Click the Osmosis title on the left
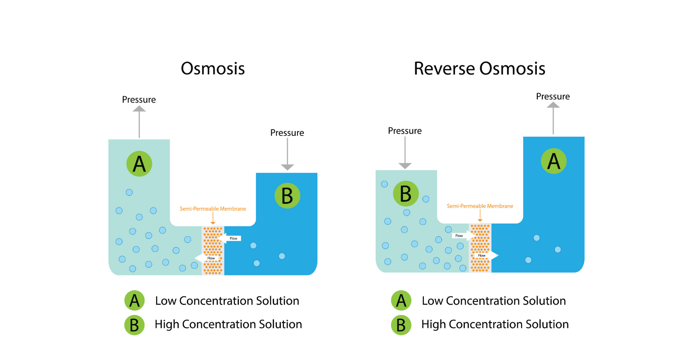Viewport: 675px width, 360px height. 212,69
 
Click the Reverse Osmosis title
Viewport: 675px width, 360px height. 479,69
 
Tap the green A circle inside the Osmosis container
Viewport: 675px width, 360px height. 139,164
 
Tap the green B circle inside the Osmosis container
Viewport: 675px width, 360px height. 287,196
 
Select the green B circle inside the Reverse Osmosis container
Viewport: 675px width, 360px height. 405,194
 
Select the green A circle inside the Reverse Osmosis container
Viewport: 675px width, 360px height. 553,161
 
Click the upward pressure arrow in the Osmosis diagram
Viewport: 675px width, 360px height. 139,121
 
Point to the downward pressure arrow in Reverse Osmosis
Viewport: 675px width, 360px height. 405,153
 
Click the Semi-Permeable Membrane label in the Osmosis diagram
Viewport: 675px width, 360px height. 213,209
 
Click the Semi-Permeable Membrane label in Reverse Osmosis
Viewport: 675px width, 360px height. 480,206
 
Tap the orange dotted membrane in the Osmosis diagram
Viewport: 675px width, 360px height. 213,250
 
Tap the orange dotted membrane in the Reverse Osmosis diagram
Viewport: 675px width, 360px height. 480,247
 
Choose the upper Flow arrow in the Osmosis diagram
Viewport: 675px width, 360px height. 231,238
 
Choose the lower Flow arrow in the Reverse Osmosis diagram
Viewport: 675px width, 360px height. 485,255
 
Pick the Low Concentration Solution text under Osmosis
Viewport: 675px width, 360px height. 227,301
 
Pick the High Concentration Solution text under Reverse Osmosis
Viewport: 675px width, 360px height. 495,324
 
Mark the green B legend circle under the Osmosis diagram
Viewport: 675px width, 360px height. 134,324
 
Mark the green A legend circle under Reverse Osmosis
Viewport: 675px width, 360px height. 401,301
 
